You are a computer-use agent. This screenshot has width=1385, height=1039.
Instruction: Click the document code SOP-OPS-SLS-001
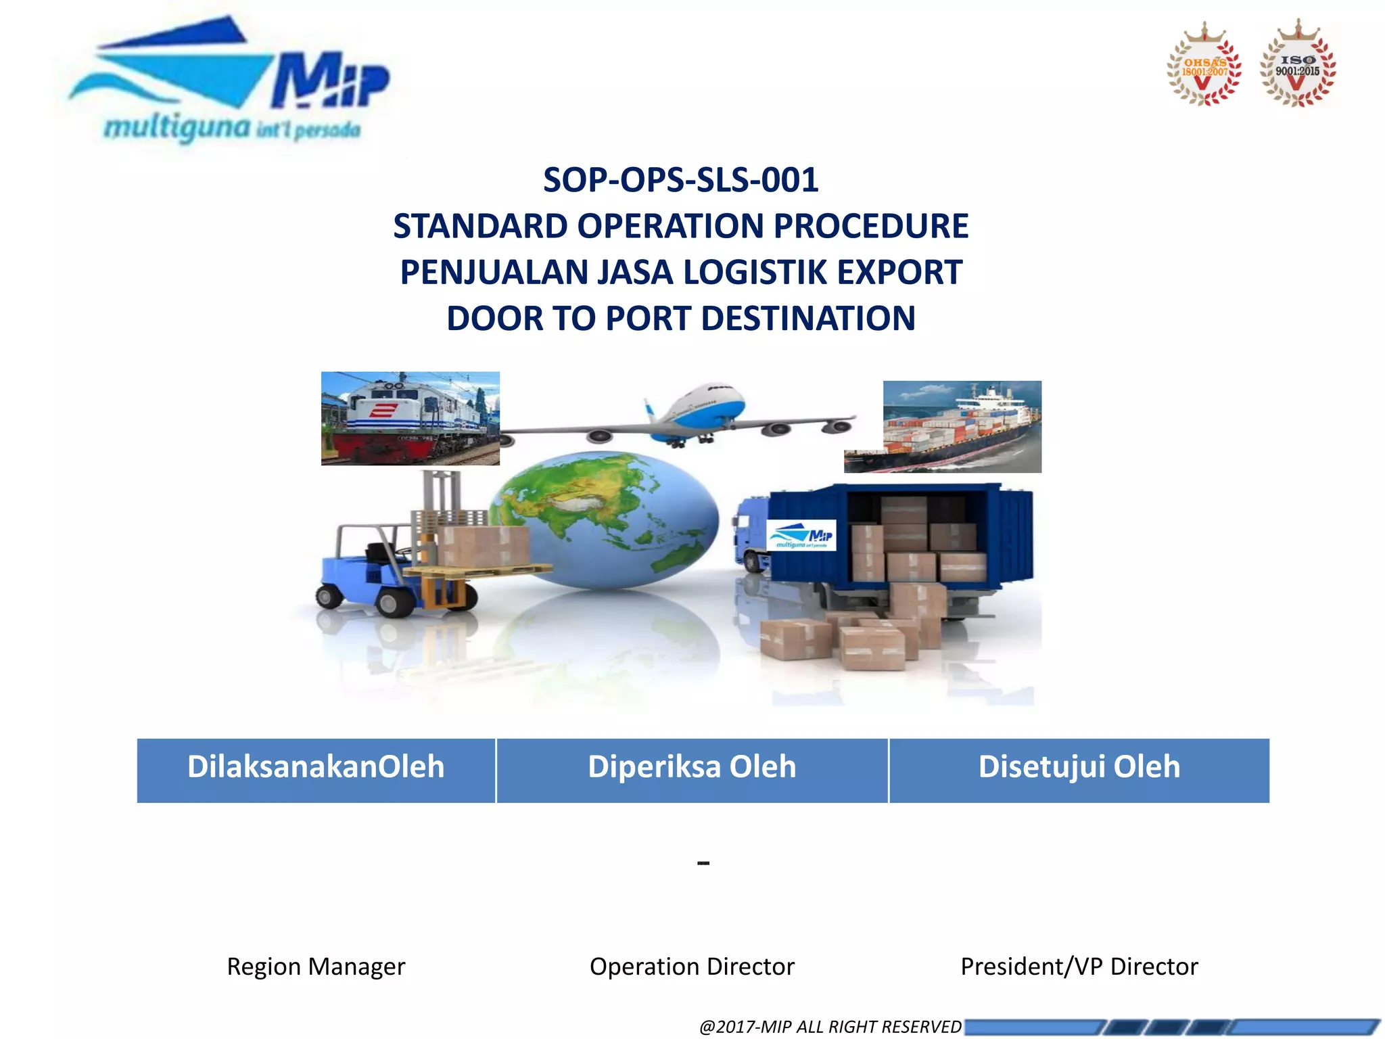(680, 180)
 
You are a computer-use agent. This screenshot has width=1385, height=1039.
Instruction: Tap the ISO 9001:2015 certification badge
(1297, 66)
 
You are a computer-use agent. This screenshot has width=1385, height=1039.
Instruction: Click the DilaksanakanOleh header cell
(316, 770)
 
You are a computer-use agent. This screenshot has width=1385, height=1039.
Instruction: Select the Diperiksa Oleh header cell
(692, 770)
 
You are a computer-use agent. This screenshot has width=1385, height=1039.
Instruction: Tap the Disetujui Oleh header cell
(1079, 770)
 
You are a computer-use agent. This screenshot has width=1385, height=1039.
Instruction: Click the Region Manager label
(316, 966)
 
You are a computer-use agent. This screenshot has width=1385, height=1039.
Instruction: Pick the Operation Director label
(692, 966)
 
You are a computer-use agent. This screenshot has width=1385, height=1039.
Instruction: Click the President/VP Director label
(1079, 966)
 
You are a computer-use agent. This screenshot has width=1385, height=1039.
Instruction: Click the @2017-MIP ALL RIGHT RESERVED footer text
(830, 1026)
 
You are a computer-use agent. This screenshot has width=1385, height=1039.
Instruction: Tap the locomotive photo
(410, 418)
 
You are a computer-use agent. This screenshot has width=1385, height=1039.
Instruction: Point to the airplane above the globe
(697, 416)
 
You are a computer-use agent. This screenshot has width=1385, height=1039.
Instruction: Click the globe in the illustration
(605, 521)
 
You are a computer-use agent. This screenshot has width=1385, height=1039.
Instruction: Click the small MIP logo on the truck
(801, 535)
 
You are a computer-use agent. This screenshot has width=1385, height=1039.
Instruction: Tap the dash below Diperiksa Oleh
(703, 864)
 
